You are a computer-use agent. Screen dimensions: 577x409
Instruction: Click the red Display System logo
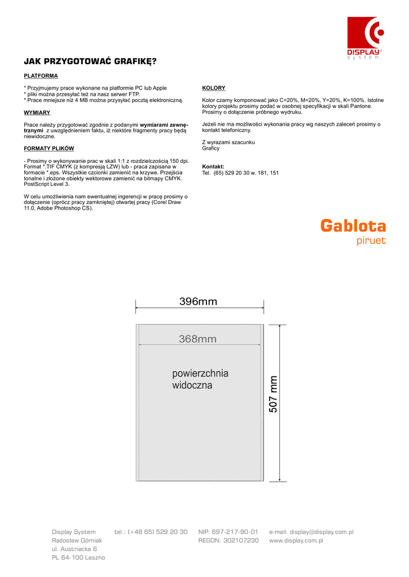pyautogui.click(x=365, y=37)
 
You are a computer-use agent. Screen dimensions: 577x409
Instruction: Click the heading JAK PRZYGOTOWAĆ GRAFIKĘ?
pyautogui.click(x=90, y=61)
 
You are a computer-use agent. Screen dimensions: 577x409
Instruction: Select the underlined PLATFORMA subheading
pyautogui.click(x=41, y=76)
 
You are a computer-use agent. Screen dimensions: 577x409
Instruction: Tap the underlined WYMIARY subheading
pyautogui.click(x=37, y=113)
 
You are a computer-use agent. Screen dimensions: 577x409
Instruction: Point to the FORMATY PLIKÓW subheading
pyautogui.click(x=49, y=149)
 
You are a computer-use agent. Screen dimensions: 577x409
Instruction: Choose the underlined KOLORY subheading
pyautogui.click(x=214, y=88)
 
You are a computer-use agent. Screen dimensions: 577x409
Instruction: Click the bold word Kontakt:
pyautogui.click(x=213, y=167)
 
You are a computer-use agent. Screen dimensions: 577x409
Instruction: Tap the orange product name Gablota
pyautogui.click(x=353, y=226)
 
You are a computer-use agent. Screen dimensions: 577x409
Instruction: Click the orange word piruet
pyautogui.click(x=371, y=241)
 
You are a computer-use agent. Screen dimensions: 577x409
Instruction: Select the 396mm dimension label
pyautogui.click(x=198, y=301)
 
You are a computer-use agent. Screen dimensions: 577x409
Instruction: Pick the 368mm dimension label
pyautogui.click(x=197, y=339)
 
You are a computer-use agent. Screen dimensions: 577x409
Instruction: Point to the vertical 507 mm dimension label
pyautogui.click(x=274, y=394)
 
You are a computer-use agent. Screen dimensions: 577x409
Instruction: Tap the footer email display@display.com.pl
pyautogui.click(x=311, y=532)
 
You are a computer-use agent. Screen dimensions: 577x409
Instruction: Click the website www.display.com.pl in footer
pyautogui.click(x=296, y=540)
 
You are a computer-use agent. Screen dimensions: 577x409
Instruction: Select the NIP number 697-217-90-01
pyautogui.click(x=228, y=532)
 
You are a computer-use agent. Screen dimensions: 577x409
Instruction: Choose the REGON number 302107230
pyautogui.click(x=228, y=540)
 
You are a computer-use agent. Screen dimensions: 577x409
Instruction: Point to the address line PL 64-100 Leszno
pyautogui.click(x=78, y=558)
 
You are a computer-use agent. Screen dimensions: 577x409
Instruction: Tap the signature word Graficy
pyautogui.click(x=211, y=148)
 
